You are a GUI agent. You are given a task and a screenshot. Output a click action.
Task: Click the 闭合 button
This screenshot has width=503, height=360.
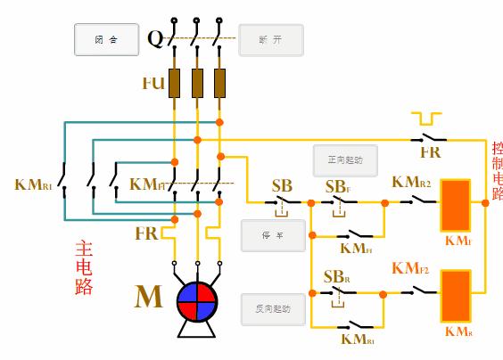click(x=106, y=40)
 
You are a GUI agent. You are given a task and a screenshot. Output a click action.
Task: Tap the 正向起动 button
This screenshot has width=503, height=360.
click(x=345, y=161)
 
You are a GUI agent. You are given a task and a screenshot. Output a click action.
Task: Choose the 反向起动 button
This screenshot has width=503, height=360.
click(x=273, y=309)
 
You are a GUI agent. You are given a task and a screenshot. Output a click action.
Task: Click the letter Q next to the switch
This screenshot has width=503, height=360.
click(x=154, y=39)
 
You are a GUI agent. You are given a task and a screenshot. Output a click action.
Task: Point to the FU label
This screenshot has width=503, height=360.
click(x=153, y=83)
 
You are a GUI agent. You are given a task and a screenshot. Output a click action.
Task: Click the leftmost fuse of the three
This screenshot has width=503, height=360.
click(x=176, y=82)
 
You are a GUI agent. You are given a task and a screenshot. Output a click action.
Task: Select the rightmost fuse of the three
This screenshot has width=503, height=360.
click(x=219, y=82)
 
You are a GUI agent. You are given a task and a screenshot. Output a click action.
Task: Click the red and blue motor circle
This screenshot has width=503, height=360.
click(x=197, y=302)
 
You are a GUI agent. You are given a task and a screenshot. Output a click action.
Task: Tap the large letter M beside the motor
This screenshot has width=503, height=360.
click(x=149, y=297)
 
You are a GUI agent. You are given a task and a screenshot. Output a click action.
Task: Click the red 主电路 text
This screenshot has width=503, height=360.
click(x=84, y=267)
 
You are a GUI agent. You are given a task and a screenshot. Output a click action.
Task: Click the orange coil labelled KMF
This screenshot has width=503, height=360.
click(x=457, y=206)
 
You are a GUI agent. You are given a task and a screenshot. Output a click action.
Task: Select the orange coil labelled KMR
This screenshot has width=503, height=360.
click(x=457, y=295)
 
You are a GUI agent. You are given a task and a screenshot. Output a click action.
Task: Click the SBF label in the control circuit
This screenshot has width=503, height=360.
click(x=336, y=187)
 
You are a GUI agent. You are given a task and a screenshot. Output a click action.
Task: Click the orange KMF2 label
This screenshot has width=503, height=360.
click(x=410, y=267)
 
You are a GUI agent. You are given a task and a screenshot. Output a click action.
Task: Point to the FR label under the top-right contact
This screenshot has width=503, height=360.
click(x=430, y=152)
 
